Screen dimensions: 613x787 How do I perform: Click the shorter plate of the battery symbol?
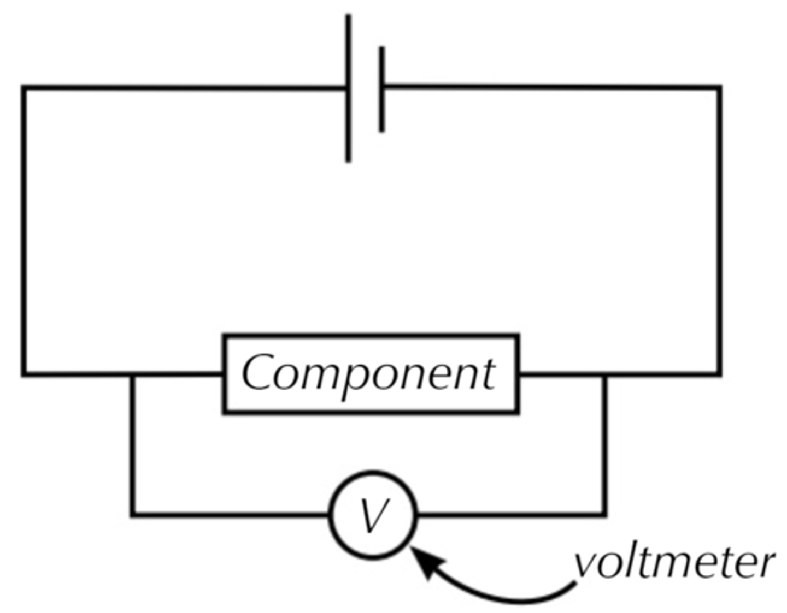(381, 90)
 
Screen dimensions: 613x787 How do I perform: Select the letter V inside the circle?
(373, 515)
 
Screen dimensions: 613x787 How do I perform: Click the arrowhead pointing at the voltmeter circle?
(425, 562)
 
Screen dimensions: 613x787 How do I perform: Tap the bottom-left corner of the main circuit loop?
(24, 374)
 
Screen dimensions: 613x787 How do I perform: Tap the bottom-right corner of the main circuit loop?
(719, 374)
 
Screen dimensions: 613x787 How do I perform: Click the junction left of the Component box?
(132, 374)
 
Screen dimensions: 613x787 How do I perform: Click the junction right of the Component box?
(604, 374)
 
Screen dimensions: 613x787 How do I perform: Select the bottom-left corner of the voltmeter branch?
(132, 514)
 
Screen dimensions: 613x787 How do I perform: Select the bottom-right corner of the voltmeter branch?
(604, 514)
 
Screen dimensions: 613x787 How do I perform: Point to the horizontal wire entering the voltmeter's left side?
(230, 514)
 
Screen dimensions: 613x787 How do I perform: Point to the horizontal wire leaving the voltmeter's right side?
(511, 514)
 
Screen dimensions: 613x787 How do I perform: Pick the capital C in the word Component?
(258, 373)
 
